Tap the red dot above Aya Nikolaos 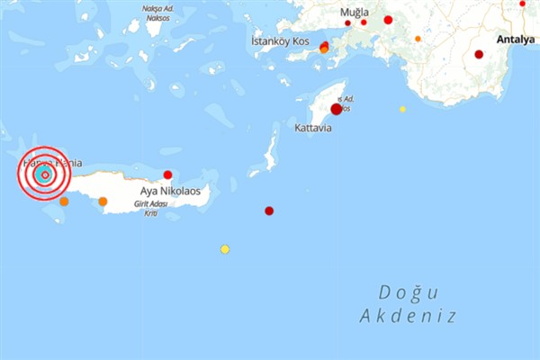click(x=167, y=175)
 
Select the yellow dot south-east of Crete click(x=225, y=249)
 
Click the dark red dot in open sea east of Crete click(x=269, y=211)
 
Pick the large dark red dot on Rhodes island click(x=336, y=109)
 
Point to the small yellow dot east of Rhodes click(x=402, y=109)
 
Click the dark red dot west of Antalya click(x=479, y=54)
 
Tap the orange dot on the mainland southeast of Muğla click(x=418, y=39)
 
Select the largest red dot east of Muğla click(x=388, y=20)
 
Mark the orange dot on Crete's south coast click(x=103, y=201)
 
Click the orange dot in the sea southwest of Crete click(x=64, y=201)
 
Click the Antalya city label click(x=517, y=40)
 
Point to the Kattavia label click(x=312, y=129)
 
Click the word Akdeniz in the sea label click(x=408, y=316)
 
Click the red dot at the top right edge click(x=523, y=4)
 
